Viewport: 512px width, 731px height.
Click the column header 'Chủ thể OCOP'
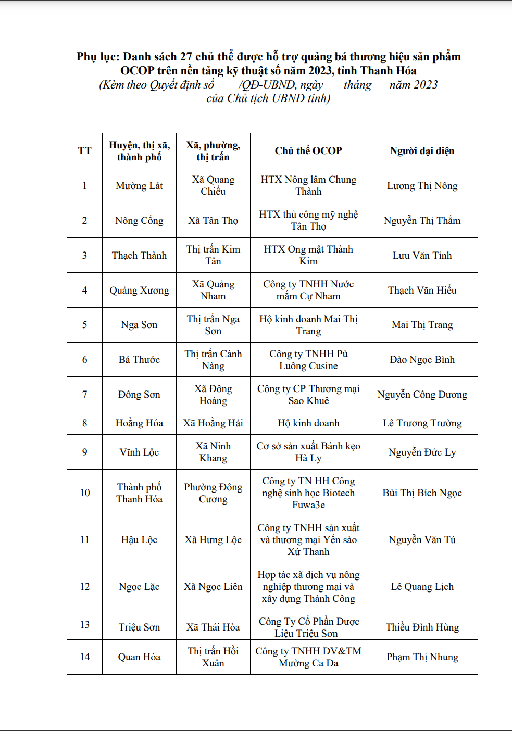coord(308,151)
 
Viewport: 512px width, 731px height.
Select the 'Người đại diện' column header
coord(422,151)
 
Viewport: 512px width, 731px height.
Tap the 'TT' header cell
coord(84,151)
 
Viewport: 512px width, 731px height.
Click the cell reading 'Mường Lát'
coord(139,186)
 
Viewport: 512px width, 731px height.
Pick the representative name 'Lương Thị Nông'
coord(422,186)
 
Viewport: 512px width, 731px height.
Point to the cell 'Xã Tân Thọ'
coord(213,221)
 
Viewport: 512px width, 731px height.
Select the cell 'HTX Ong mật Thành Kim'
coord(308,255)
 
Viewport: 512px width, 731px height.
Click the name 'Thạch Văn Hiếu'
coord(422,291)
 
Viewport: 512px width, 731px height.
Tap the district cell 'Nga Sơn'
coord(139,325)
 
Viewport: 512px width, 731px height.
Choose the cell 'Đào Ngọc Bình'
coord(422,360)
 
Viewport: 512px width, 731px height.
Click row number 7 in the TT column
coord(84,395)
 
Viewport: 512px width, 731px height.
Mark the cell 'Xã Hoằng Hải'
coord(213,423)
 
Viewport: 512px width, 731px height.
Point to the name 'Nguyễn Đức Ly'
coord(422,452)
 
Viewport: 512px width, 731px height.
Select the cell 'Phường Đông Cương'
coord(213,493)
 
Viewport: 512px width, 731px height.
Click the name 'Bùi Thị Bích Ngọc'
coord(422,493)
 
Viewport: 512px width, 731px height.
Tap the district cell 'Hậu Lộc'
coord(139,540)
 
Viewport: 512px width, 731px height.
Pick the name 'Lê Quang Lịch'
coord(422,587)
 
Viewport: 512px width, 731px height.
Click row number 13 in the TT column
coord(84,625)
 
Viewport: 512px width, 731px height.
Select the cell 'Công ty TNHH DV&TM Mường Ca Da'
coord(308,657)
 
